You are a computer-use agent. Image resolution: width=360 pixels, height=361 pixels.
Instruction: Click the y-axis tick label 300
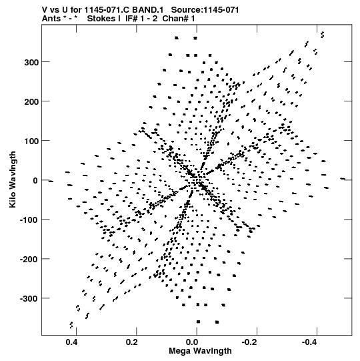tap(31, 62)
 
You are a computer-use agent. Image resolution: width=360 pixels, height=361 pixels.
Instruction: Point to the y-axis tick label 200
tap(31, 101)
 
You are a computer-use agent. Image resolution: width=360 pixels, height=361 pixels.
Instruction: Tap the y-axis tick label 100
tap(31, 141)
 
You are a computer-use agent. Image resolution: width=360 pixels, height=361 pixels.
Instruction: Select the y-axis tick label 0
tap(35, 180)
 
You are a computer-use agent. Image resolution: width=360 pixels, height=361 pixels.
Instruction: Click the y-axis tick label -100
tap(29, 220)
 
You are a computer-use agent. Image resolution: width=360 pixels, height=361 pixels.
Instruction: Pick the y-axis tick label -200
tap(29, 259)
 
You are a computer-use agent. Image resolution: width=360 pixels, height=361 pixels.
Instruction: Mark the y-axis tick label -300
tap(29, 298)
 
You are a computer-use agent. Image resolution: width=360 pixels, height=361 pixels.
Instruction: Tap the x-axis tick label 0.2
tap(132, 342)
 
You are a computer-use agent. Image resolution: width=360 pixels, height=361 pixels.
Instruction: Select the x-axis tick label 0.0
tap(192, 342)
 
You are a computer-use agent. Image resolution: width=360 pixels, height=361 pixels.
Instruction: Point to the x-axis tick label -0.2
tap(250, 342)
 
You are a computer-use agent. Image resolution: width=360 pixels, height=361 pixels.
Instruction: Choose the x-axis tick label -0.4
tap(310, 342)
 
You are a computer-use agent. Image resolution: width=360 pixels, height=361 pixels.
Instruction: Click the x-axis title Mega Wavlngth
tap(200, 351)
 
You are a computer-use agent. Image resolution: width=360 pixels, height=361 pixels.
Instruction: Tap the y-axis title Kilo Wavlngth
tap(13, 179)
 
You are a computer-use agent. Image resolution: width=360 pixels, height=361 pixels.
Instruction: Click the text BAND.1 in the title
tap(148, 10)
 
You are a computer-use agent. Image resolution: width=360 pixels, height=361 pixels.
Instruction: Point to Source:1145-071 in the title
tap(205, 10)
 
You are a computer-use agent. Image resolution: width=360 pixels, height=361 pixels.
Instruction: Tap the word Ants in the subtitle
tap(51, 19)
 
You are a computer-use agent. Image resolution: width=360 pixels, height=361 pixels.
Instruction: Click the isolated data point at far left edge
tap(51, 182)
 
